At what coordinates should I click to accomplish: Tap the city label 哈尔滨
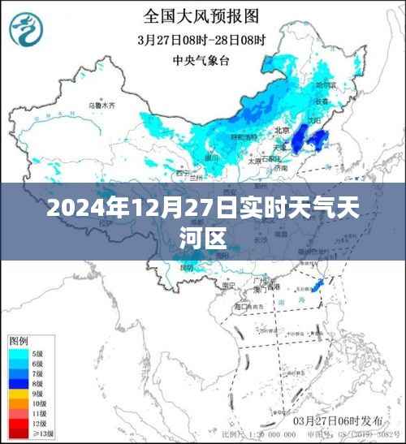pos(325,84)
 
